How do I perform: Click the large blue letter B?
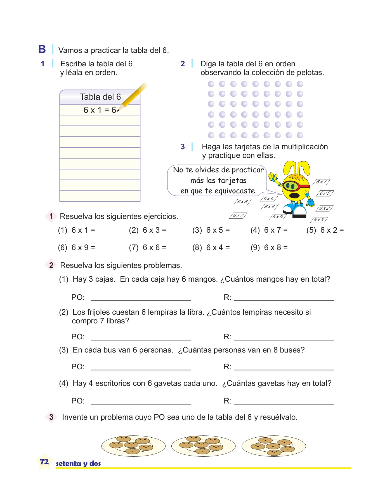[42, 49]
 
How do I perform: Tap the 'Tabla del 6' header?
[100, 97]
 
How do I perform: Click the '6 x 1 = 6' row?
[100, 110]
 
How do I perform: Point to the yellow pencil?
[134, 96]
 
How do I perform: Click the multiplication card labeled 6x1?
[321, 182]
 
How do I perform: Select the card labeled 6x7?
[238, 216]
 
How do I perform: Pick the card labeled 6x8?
[242, 202]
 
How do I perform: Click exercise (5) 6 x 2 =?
[325, 230]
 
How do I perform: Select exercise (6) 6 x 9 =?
[77, 248]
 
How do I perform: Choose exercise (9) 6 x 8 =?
[269, 248]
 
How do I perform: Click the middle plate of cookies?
[203, 446]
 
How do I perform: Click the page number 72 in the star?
[44, 462]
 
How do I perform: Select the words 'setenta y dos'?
[78, 464]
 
